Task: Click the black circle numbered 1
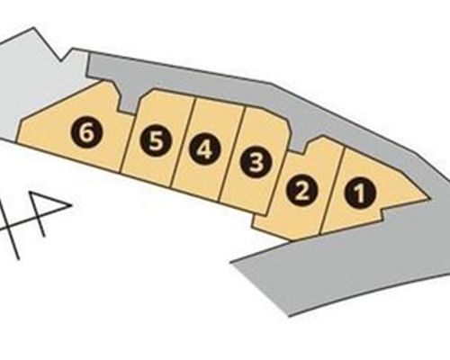[x=360, y=193]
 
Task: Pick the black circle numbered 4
[x=205, y=149]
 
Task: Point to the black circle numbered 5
[x=156, y=141]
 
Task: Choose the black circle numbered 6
[x=86, y=133]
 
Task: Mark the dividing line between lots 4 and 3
[x=232, y=155]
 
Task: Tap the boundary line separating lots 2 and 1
[x=331, y=191]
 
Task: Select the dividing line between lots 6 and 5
[x=127, y=143]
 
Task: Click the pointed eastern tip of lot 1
[x=429, y=199]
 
